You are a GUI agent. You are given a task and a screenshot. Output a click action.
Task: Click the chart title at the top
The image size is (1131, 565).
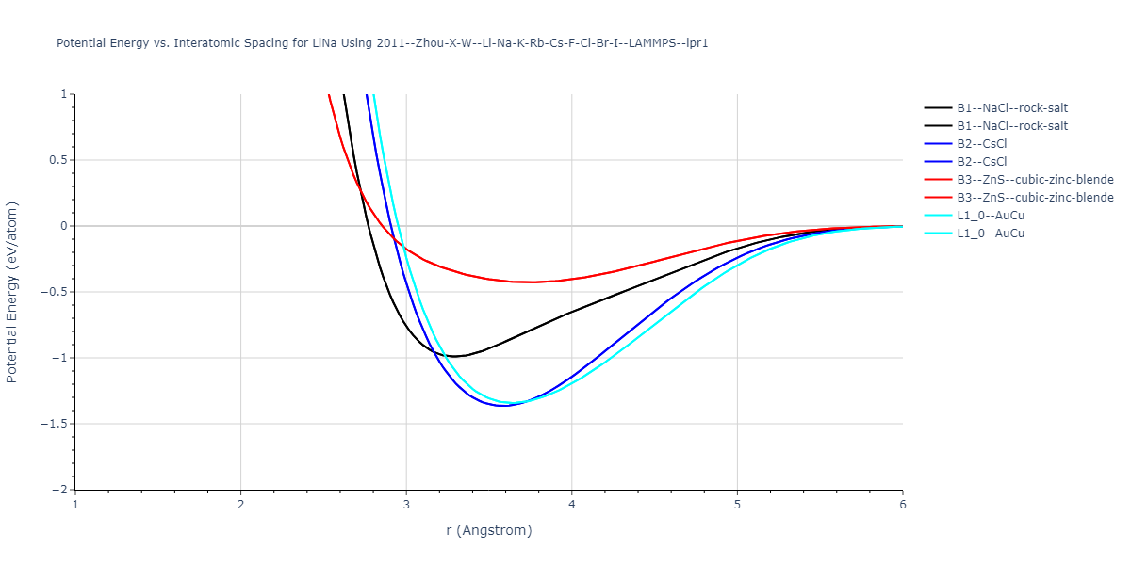pyautogui.click(x=382, y=43)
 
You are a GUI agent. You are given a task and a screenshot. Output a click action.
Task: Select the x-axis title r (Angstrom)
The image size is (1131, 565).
pyautogui.click(x=489, y=530)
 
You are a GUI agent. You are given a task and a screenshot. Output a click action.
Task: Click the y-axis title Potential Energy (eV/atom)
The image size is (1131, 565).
pyautogui.click(x=12, y=292)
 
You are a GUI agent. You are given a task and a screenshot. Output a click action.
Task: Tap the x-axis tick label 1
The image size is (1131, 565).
pyautogui.click(x=75, y=505)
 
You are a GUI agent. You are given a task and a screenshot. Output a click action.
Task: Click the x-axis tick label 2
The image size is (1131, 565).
pyautogui.click(x=240, y=505)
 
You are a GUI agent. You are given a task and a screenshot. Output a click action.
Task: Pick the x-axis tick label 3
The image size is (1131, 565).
pyautogui.click(x=406, y=505)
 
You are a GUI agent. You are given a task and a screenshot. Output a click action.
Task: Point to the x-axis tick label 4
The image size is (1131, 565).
pyautogui.click(x=571, y=505)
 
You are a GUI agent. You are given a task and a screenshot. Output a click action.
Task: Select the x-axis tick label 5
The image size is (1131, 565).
pyautogui.click(x=737, y=505)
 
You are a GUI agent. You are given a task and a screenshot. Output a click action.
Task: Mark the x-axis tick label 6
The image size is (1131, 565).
pyautogui.click(x=902, y=505)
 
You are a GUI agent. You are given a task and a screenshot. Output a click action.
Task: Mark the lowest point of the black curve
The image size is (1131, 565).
pyautogui.click(x=454, y=356)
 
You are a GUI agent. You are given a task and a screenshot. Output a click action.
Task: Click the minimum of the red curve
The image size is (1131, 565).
pyautogui.click(x=533, y=282)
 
